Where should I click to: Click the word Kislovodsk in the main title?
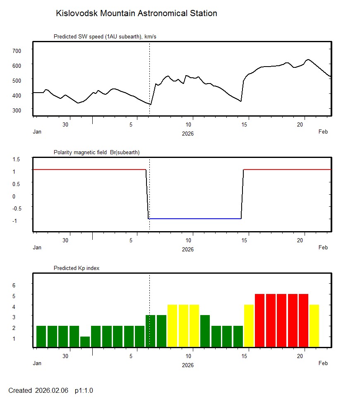74,13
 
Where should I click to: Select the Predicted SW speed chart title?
105,37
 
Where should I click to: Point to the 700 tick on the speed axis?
17,50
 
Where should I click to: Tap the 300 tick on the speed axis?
17,110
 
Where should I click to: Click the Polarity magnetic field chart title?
96,153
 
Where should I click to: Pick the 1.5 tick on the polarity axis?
17,159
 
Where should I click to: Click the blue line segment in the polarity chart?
194,218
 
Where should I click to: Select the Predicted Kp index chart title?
77,268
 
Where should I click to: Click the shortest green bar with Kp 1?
85,342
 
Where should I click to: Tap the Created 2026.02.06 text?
38,390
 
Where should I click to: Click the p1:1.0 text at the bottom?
84,390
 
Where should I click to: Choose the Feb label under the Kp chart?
323,363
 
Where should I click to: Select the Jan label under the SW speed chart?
37,132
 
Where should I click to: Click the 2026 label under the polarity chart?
188,249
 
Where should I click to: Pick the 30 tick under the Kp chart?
65,356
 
